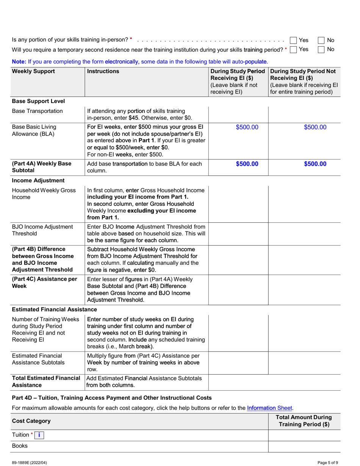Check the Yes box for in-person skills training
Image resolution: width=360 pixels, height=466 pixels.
tap(293, 40)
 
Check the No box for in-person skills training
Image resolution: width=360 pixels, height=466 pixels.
tap(321, 40)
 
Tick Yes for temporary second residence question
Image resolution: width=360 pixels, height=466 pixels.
tap(293, 50)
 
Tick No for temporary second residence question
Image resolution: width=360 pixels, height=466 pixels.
tap(321, 50)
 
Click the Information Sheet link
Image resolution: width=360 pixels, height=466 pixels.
tap(269, 408)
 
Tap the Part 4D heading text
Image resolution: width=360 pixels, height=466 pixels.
tap(112, 397)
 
